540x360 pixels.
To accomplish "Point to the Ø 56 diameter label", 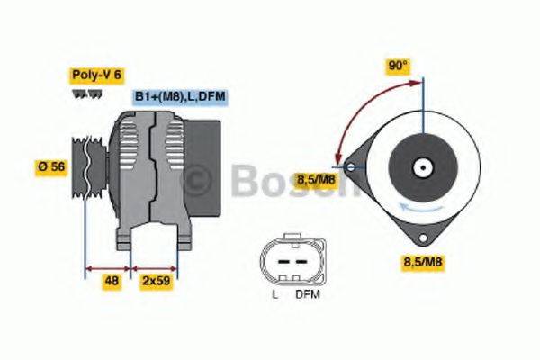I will (50, 166).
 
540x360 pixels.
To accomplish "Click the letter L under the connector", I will (274, 294).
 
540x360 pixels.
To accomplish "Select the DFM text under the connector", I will (307, 294).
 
